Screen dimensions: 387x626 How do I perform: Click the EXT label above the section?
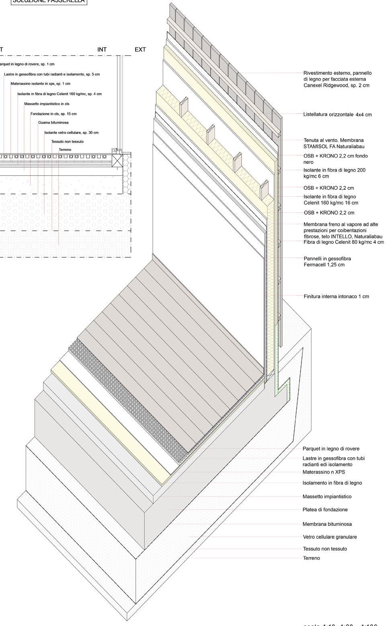140,49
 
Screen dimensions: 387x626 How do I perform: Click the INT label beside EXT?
102,49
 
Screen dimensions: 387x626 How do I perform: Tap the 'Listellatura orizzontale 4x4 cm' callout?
337,115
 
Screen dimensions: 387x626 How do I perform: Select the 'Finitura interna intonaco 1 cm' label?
336,296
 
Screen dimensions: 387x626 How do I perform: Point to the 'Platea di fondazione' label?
325,509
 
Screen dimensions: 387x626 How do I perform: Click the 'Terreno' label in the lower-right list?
311,558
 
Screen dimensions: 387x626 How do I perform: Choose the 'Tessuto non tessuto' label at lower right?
325,548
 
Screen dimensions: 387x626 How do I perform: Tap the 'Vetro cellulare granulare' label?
330,537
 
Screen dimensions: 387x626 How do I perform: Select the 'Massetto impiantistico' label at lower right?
327,497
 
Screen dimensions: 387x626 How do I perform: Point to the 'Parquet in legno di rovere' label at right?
331,449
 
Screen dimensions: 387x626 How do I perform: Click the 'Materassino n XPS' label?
324,472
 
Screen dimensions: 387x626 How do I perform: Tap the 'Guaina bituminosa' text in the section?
53,123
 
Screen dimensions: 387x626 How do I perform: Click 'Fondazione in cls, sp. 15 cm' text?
53,114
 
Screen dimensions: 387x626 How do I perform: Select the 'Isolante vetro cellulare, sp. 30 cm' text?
71,132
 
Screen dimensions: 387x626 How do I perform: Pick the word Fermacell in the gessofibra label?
316,265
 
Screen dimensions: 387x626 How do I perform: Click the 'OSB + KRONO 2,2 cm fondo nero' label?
335,159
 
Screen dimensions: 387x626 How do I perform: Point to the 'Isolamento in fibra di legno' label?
332,483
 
